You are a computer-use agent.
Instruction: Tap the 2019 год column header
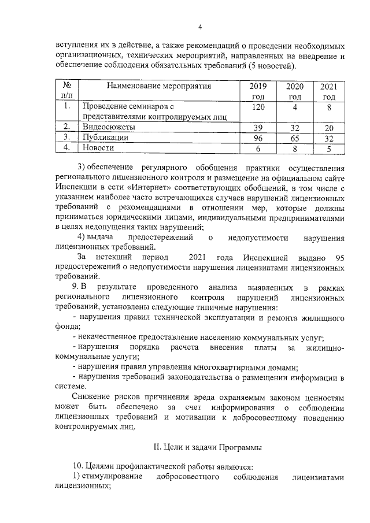click(x=258, y=91)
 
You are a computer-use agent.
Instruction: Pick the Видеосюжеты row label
click(x=109, y=127)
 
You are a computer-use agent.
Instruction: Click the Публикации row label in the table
click(x=105, y=138)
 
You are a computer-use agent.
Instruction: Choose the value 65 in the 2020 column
click(x=295, y=138)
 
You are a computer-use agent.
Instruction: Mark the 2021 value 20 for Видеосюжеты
click(x=329, y=127)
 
